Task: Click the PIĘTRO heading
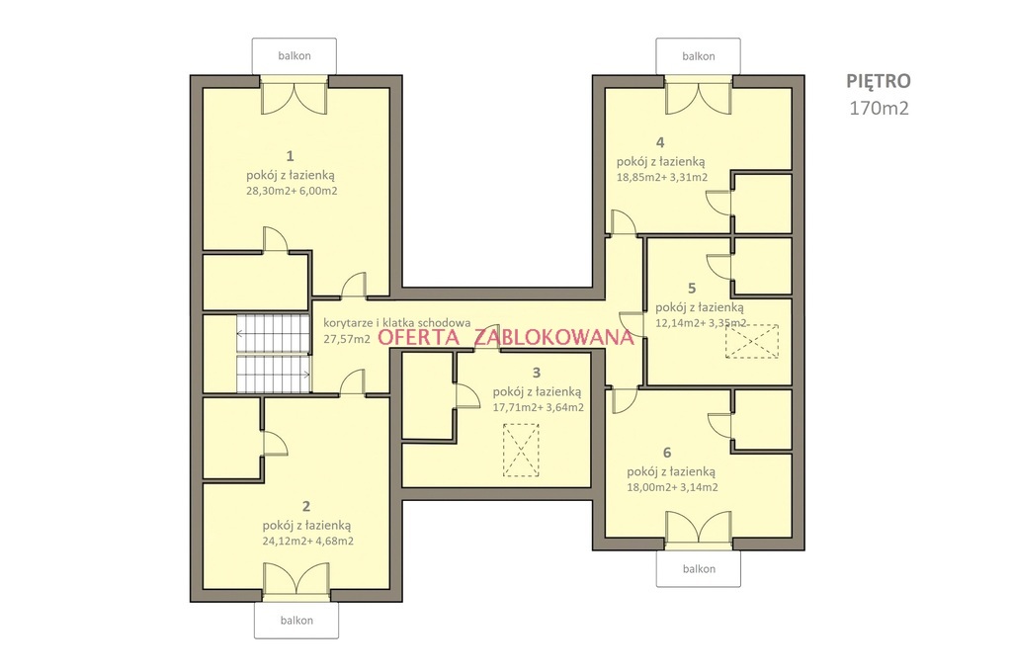879,81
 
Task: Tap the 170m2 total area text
879,109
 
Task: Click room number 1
291,155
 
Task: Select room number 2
306,507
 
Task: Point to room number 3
537,373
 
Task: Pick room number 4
659,142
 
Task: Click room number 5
692,288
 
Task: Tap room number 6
667,453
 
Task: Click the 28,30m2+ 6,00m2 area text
292,191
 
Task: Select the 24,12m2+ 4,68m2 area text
308,542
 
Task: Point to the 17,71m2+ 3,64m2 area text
539,407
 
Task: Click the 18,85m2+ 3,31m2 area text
662,177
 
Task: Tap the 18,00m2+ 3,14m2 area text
672,487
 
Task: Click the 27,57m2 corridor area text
347,338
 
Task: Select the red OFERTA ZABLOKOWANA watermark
506,337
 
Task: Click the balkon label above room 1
295,56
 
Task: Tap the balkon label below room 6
699,568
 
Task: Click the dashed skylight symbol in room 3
521,450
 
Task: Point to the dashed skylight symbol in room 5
752,341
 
